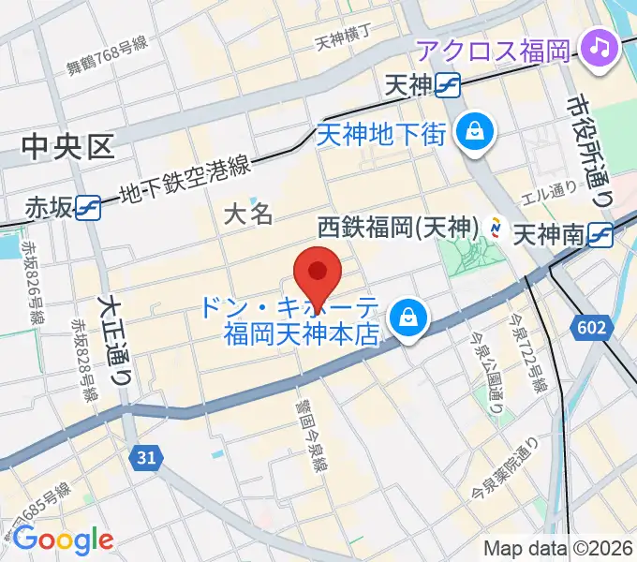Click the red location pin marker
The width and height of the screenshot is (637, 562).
[317, 272]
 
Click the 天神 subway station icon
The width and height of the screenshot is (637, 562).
[450, 86]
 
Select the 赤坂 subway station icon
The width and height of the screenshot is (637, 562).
[89, 207]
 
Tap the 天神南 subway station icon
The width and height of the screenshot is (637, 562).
[600, 231]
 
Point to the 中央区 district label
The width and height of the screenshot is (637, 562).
[67, 145]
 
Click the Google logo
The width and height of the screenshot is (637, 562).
[63, 540]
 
